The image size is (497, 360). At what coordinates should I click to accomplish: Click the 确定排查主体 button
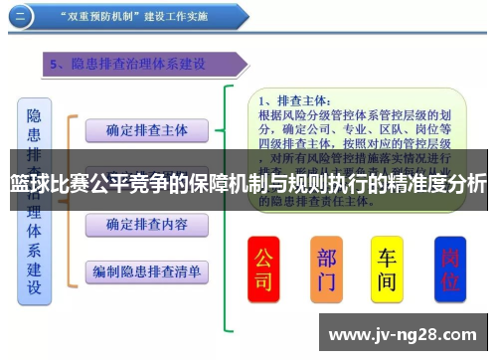coord(146,130)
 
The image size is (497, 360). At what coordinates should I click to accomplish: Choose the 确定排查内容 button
coord(146,224)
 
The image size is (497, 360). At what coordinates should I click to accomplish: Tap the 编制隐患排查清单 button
coord(146,270)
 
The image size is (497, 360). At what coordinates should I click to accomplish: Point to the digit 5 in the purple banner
coord(55,65)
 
